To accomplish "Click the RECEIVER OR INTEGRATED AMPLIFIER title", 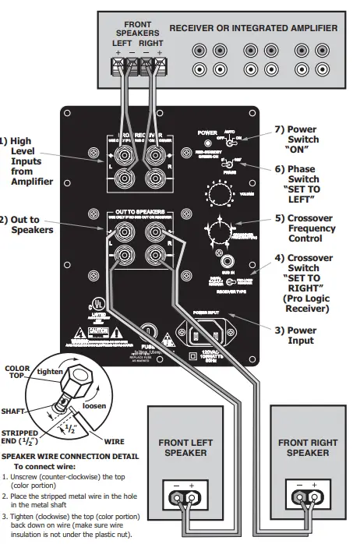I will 252,28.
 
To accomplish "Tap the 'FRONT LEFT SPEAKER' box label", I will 187,447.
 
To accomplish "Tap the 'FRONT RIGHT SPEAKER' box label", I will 307,447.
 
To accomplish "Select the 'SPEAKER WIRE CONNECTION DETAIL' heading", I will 71,456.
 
